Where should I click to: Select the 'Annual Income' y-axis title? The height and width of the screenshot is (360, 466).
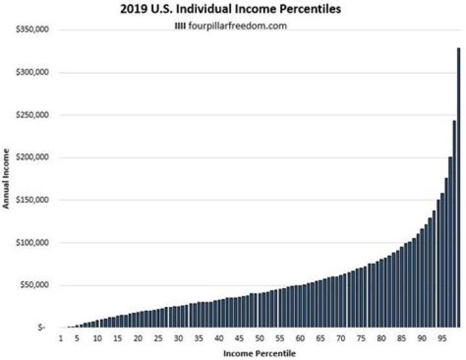pos(7,179)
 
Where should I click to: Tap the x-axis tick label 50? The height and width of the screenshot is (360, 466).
pos(259,339)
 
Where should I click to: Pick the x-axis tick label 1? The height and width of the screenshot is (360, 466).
pos(60,339)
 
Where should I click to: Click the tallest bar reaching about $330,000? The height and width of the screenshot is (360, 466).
pos(459,188)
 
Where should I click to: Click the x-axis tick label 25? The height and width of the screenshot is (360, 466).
pos(158,339)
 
